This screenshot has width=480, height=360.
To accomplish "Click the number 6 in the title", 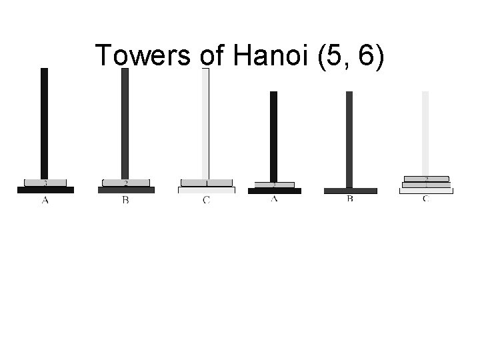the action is [366, 55].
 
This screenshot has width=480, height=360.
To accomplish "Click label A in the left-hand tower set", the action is [45, 201].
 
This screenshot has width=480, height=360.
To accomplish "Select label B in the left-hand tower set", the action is [125, 201].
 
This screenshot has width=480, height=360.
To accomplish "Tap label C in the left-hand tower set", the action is [206, 201].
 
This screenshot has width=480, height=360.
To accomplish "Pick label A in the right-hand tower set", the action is [274, 199].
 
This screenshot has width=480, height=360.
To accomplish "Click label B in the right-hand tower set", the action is [350, 199].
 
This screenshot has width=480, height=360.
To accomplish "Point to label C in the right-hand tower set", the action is [426, 199].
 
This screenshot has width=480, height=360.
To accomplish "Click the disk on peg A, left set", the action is [45, 183].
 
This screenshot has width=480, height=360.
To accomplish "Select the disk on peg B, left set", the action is [125, 183].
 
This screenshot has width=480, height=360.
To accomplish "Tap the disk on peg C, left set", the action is [206, 183].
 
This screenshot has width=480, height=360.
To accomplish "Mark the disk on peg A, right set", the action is [274, 185].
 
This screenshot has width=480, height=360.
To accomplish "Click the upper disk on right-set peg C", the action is [426, 179].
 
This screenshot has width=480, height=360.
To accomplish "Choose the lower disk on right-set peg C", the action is [426, 185].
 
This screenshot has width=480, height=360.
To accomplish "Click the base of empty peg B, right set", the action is [350, 191].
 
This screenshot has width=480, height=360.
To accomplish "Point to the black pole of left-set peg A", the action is [45, 120].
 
